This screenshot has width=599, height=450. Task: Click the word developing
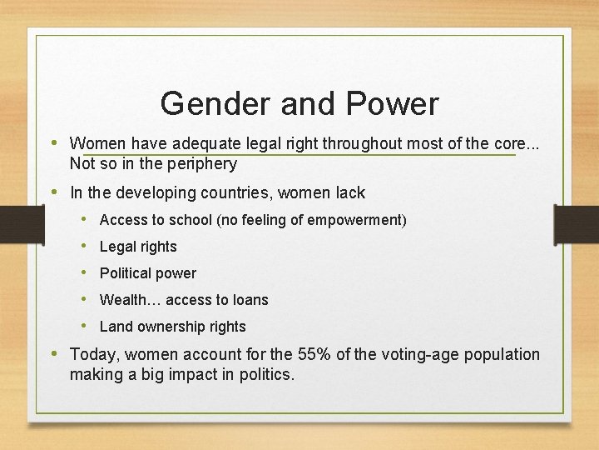pos(158,193)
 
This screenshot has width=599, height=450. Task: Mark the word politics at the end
pos(266,375)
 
